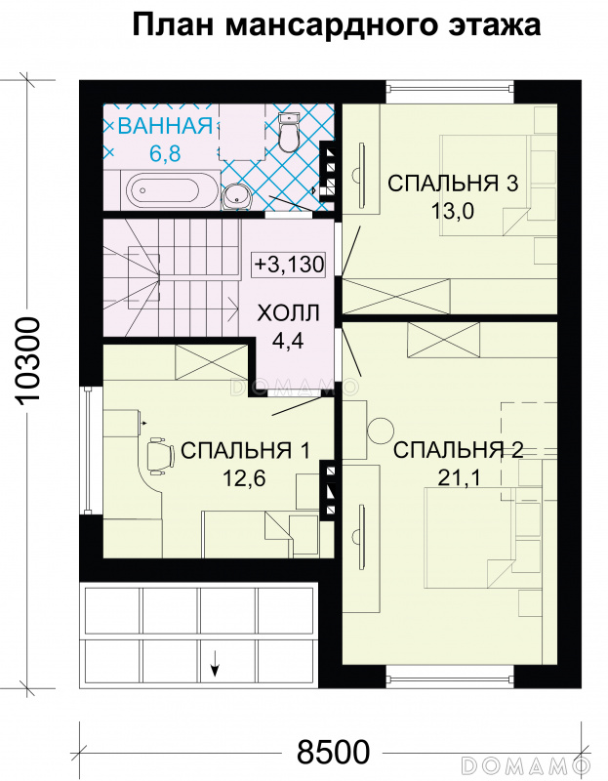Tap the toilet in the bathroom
point(288,132)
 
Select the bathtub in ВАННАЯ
point(173,189)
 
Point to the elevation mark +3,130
point(289,264)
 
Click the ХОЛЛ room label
point(288,313)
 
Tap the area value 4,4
point(288,341)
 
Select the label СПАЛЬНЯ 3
point(453,183)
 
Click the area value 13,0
point(453,211)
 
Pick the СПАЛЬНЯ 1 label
point(245,450)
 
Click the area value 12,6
point(244,478)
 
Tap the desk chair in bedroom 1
point(160,454)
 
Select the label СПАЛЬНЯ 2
point(458,450)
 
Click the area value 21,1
point(459,478)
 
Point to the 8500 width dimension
point(333,751)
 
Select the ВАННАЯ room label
point(165,126)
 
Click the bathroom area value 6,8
point(165,153)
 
